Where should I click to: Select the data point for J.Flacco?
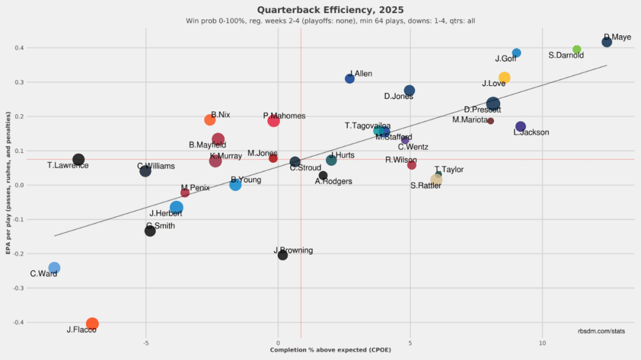(x=92, y=324)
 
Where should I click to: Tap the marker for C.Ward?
(x=54, y=268)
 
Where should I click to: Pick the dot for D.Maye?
(x=607, y=42)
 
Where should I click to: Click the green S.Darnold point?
(x=577, y=49)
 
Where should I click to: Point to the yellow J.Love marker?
(x=504, y=78)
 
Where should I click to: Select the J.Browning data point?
(x=282, y=255)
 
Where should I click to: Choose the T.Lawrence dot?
(x=78, y=160)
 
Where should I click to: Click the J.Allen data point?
(x=350, y=78)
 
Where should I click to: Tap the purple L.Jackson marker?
(x=520, y=126)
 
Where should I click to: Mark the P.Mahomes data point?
(x=274, y=120)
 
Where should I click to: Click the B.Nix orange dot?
(x=210, y=120)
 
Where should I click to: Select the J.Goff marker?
(x=516, y=53)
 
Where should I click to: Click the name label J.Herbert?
(x=166, y=213)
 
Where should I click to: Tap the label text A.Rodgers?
(x=333, y=182)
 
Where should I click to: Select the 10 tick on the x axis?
(x=542, y=343)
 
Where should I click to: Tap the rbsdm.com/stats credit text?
(x=601, y=331)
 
